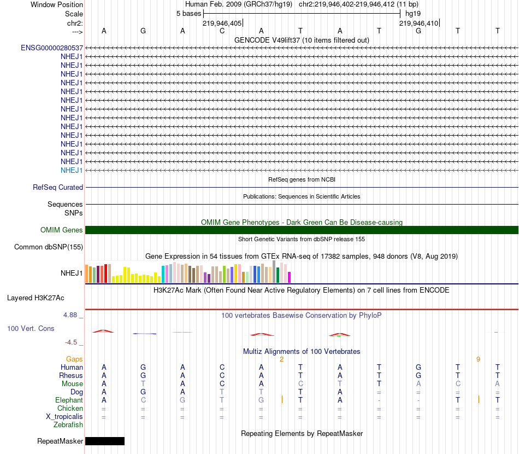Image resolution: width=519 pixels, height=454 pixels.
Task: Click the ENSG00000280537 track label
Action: pos(52,48)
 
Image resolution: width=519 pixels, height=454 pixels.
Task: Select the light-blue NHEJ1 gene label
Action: pos(72,170)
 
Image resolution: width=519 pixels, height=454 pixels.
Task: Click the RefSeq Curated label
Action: pos(58,187)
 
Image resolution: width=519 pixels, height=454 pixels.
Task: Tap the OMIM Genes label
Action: pos(62,230)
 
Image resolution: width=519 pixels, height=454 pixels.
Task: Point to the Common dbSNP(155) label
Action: pos(49,247)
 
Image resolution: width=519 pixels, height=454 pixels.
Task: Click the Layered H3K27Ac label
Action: pos(36,298)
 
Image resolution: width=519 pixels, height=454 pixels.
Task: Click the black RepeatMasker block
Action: pos(105,441)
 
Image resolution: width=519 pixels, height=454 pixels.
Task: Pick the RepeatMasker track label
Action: pos(60,441)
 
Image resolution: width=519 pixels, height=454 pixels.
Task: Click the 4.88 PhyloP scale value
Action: pos(71,315)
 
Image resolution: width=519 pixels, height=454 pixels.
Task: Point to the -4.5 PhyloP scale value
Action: pos(71,342)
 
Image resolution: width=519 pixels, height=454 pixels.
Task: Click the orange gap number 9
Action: pos(478,359)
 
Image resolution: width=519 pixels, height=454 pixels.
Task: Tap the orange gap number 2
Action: pos(281,359)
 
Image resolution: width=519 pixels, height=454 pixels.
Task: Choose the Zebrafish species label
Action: pos(68,424)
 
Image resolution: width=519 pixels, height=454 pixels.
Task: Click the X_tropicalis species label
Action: pos(64,416)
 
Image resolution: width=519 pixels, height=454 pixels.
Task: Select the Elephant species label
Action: pos(69,400)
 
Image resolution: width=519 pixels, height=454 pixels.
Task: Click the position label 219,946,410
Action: pos(418,23)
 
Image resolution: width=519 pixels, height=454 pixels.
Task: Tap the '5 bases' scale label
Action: pos(188,13)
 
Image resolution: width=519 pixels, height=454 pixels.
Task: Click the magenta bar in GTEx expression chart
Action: pos(289,277)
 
